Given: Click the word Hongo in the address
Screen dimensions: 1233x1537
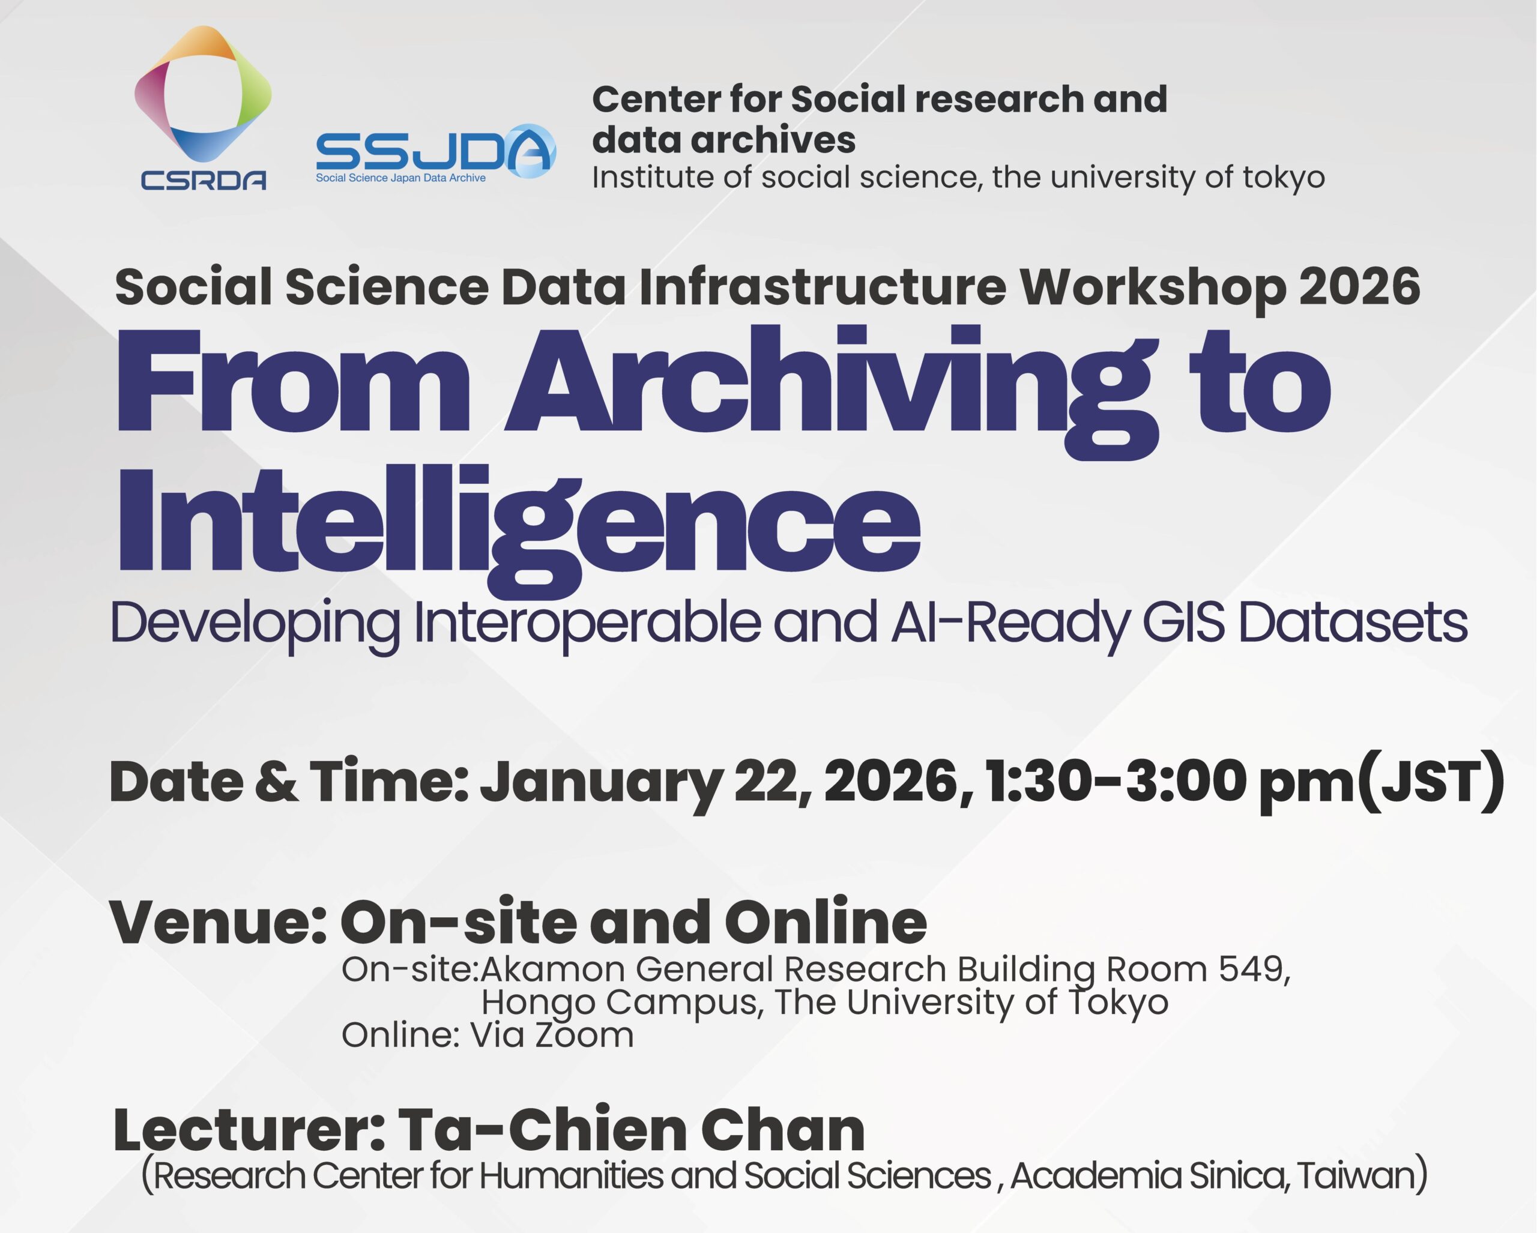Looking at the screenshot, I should pos(538,1004).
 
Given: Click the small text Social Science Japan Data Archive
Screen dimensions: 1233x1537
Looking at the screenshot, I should pos(400,178).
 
